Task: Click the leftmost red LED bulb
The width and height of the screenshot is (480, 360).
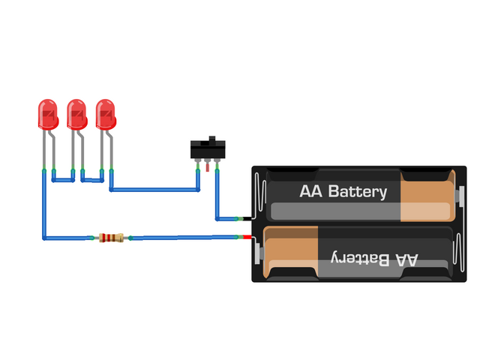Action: pos(48,113)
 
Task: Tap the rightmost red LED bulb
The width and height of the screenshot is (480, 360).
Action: pos(106,113)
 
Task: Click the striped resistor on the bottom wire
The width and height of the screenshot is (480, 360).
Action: pos(110,238)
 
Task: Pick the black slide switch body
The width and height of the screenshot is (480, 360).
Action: pos(208,150)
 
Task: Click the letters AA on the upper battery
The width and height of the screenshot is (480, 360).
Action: pos(310,192)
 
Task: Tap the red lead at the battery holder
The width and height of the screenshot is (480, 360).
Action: pos(247,238)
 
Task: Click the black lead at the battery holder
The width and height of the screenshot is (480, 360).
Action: pos(247,219)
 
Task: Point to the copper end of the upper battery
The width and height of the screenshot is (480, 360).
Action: pos(427,196)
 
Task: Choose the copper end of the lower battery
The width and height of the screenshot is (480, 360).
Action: pos(292,250)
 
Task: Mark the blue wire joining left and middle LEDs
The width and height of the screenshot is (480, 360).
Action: pos(61,180)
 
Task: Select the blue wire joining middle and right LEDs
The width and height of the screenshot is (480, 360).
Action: pos(92,180)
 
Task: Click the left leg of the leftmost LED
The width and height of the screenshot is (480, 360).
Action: pos(43,150)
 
